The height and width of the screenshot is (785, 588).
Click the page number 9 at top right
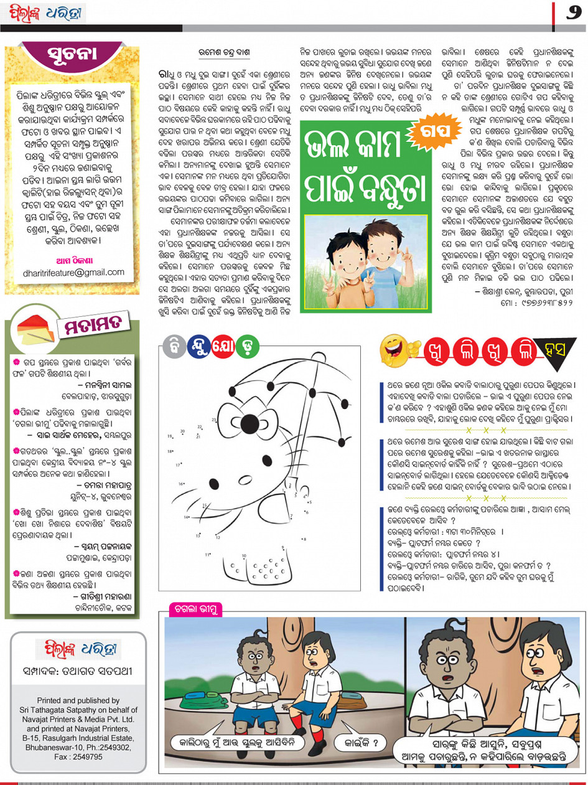[x=574, y=13]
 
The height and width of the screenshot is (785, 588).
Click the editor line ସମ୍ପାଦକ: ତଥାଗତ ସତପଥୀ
[x=77, y=671]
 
